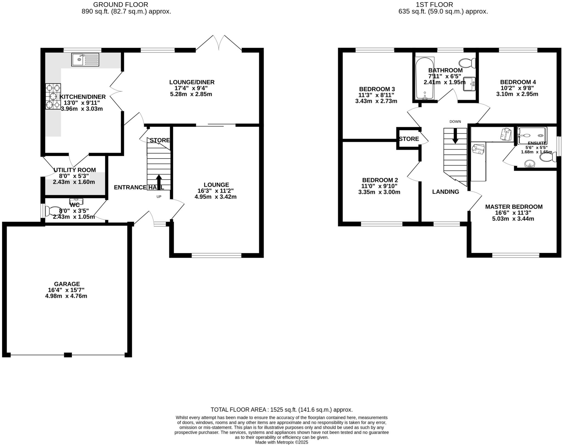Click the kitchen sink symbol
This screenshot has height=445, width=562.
pos(85,60)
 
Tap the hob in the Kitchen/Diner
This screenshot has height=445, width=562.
pos(53,97)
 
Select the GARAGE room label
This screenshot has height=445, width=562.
pos(67,284)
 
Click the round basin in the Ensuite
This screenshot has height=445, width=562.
pos(530,164)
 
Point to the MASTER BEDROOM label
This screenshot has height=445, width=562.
pos(514,207)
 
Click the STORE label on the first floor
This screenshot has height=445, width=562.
pos(409,139)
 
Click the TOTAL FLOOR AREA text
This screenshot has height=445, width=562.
pos(282,410)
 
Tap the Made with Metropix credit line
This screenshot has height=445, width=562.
pos(282,442)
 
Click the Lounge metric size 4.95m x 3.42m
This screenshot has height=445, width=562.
pos(215,197)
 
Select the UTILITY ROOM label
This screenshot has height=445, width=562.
pos(75,170)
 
